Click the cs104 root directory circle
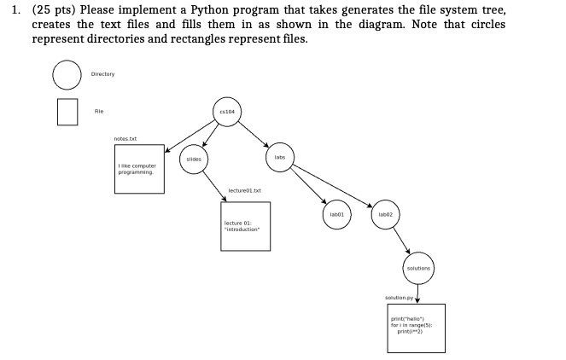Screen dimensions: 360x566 [x=227, y=111]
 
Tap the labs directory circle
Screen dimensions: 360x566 [x=279, y=158]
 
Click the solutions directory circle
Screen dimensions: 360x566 [x=418, y=267]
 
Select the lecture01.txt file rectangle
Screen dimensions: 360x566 [x=246, y=226]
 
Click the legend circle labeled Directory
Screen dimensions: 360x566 [x=67, y=74]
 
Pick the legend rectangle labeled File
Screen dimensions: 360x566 [x=67, y=111]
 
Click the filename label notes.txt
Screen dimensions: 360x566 [x=125, y=139]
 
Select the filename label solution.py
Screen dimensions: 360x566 [x=399, y=298]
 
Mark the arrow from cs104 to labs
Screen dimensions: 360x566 [x=254, y=135]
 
